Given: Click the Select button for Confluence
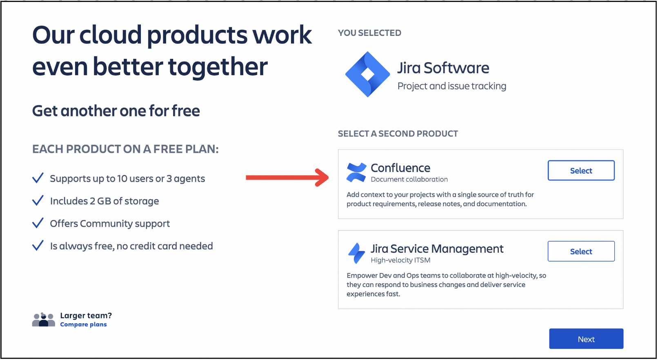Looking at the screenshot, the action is tap(581, 170).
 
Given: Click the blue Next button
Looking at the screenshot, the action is tap(586, 339).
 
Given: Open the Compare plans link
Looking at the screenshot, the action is tap(83, 324).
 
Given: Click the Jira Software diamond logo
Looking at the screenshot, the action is tap(367, 74).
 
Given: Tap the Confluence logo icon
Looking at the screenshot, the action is tap(356, 172).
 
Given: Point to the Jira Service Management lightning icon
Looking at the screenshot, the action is tap(356, 253).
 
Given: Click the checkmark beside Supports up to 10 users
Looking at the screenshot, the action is tap(38, 178).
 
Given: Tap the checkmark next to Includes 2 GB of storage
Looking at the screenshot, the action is tap(38, 200).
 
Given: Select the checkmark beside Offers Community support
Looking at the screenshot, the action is tap(38, 223).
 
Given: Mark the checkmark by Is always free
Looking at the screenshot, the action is tap(38, 245).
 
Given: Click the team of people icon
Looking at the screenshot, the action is tap(44, 320).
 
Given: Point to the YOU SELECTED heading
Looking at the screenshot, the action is tap(369, 33).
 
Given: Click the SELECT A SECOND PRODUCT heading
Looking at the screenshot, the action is tap(398, 133).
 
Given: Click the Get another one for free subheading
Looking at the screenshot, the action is tap(116, 111).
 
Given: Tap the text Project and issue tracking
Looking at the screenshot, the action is tap(452, 86).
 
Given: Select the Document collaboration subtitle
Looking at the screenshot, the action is tap(409, 179).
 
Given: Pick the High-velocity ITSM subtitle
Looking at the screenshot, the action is tap(400, 260).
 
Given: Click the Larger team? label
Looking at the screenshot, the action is tap(86, 316).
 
